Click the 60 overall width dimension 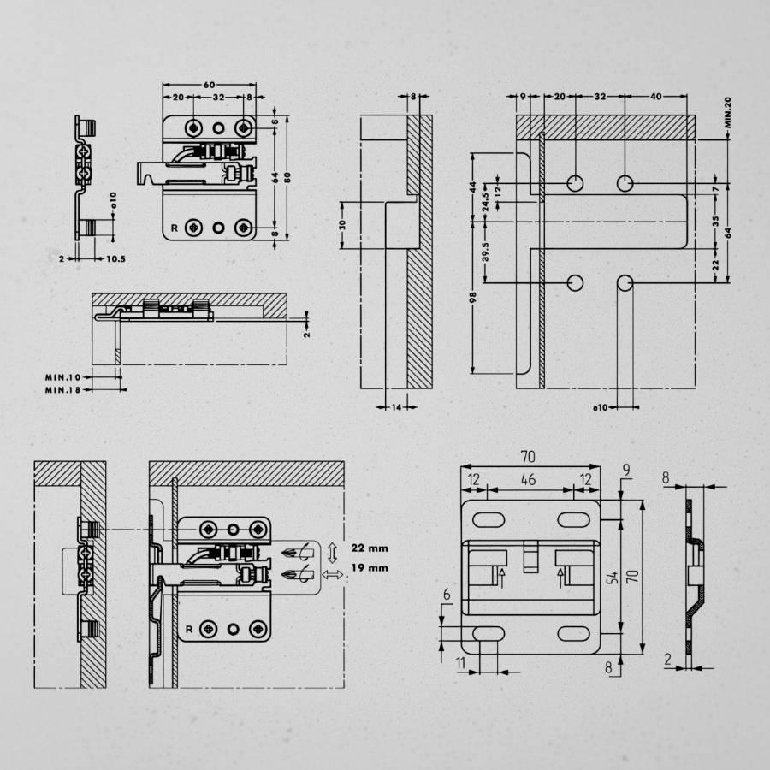209,86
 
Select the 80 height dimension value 289,178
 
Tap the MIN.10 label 62,376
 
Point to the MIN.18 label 62,389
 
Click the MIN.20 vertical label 727,112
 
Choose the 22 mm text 370,547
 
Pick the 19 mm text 370,567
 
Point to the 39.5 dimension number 487,252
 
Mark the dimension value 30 342,224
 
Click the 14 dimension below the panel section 396,409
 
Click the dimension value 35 715,220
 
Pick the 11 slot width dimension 461,663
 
